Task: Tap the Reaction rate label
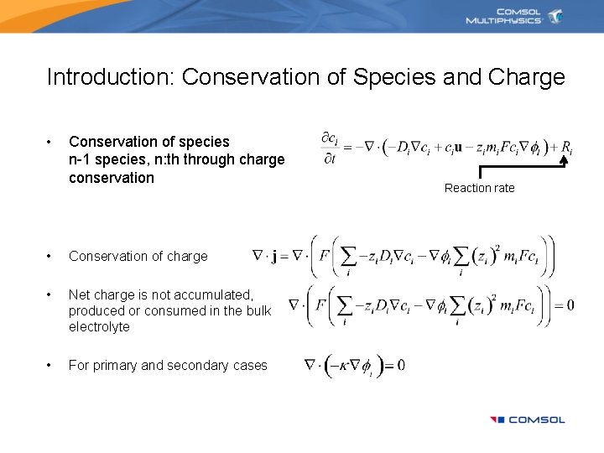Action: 479,188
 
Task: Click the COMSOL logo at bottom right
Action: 528,419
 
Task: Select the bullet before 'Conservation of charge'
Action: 50,256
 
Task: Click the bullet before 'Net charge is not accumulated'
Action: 50,294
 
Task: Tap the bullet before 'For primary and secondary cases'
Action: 50,365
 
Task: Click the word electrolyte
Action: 99,326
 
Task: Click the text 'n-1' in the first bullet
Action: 81,159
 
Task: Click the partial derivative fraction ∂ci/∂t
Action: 331,148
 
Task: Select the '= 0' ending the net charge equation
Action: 565,304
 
